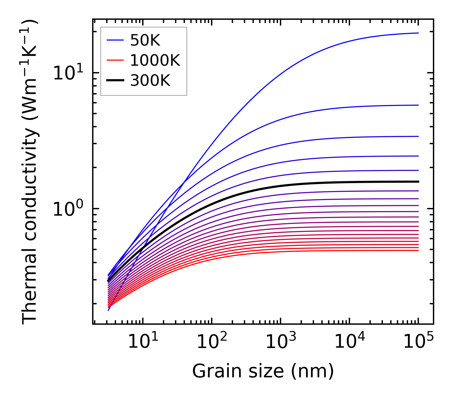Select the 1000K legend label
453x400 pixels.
155,60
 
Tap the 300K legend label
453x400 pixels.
150,81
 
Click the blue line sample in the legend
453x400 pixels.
115,40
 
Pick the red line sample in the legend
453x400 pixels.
115,60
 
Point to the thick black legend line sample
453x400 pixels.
115,81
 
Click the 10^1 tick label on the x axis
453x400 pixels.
143,342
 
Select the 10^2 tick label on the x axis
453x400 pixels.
212,342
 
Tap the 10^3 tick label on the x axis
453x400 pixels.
281,342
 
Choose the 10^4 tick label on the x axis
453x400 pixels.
349,342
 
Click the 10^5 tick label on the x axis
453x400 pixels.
418,342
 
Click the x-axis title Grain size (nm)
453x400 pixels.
263,372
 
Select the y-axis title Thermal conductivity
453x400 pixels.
30,172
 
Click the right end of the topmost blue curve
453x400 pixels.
418,33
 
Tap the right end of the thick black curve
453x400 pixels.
418,181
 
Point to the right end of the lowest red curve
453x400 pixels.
418,250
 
